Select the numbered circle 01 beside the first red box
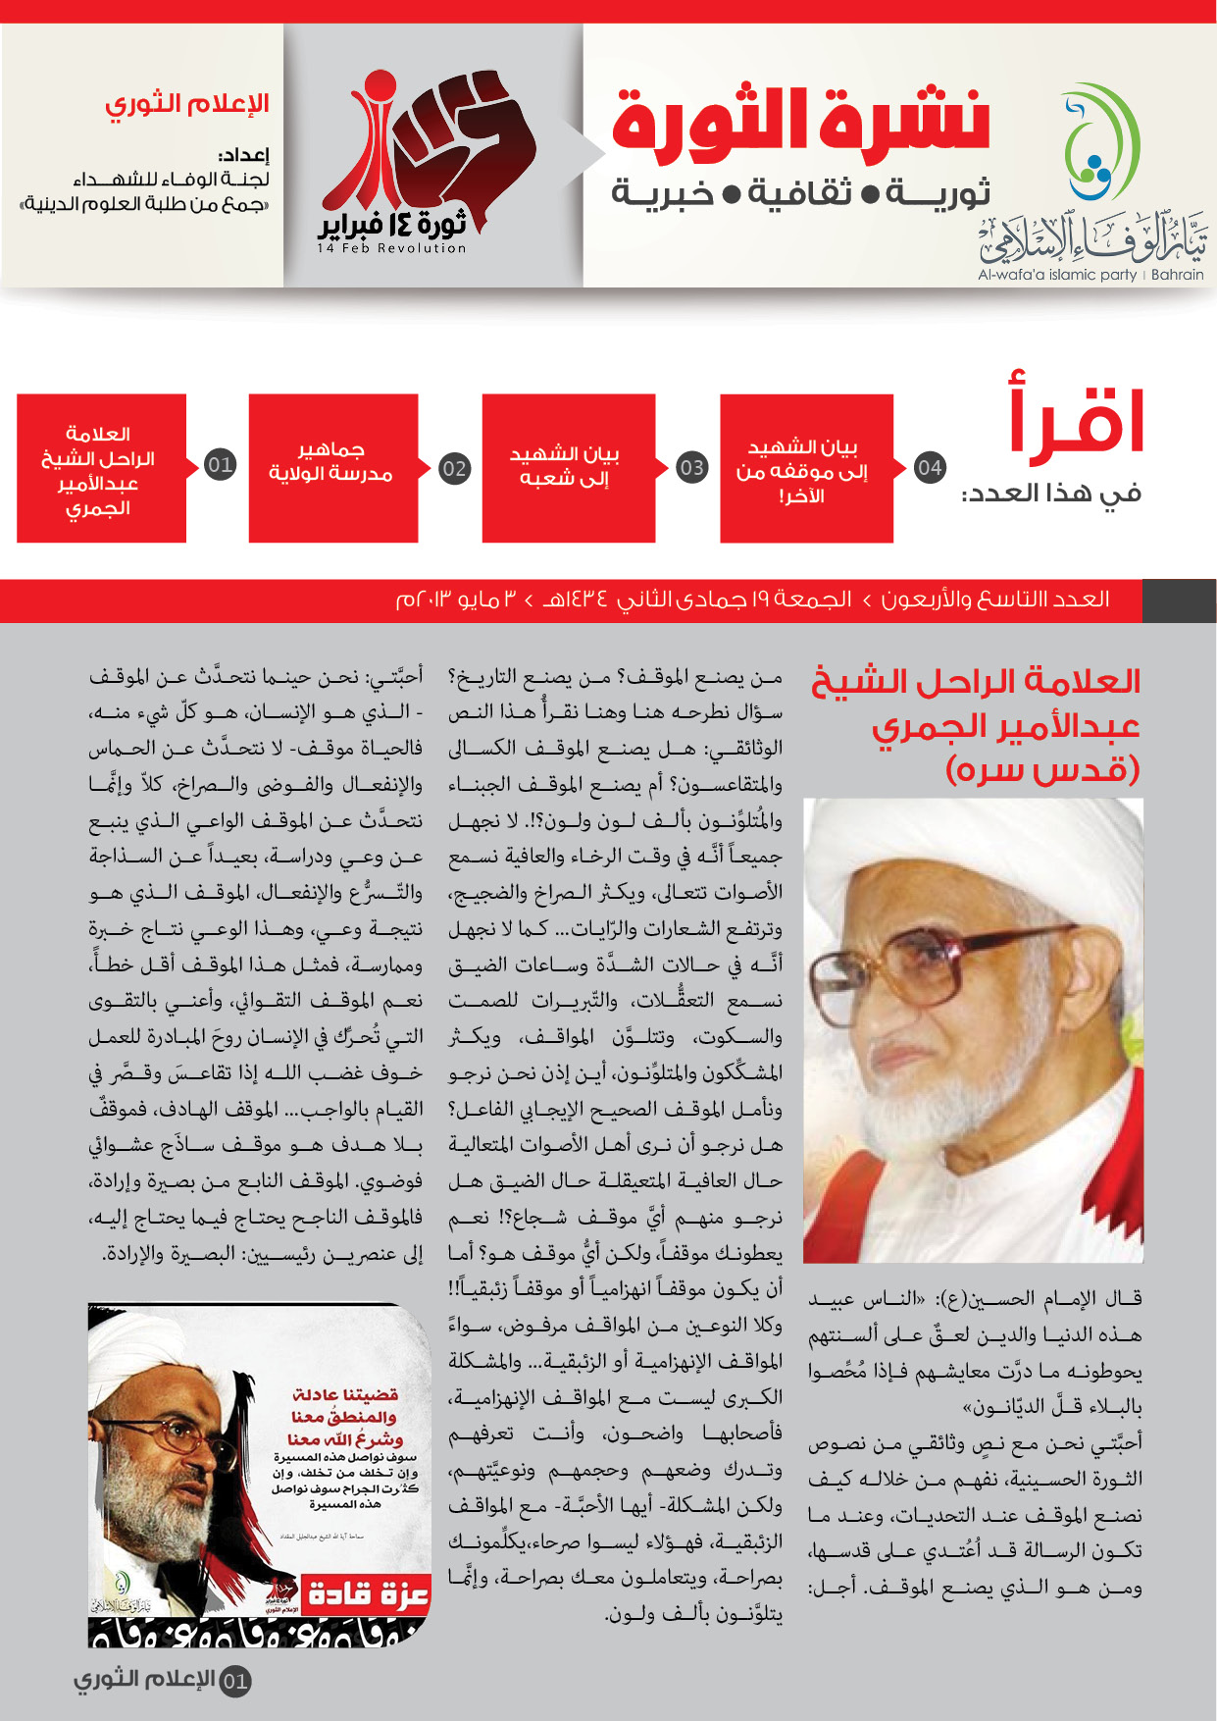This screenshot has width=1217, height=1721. (x=220, y=465)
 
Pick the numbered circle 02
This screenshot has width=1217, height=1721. (x=454, y=468)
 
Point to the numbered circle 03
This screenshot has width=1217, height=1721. (x=691, y=467)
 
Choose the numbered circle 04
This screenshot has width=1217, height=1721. (x=929, y=467)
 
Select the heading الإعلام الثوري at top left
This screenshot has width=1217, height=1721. (x=187, y=104)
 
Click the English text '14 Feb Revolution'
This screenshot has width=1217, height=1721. (x=391, y=249)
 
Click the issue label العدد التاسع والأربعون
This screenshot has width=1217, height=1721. (x=994, y=600)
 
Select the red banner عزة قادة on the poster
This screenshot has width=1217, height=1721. (x=367, y=1594)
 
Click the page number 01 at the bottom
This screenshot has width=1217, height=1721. (x=235, y=1682)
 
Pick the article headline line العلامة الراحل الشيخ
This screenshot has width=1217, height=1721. (x=976, y=682)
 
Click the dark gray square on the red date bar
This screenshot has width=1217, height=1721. (x=1179, y=600)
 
